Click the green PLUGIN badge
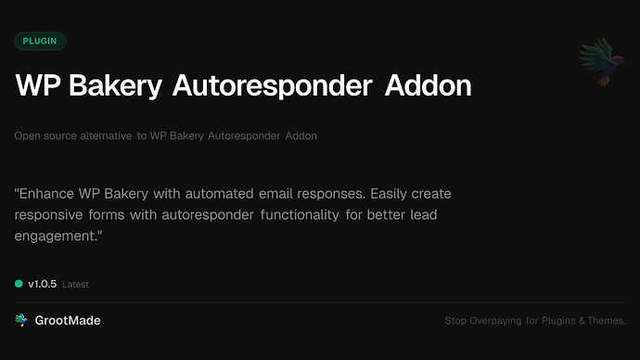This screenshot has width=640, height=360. point(40,41)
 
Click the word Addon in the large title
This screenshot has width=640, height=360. point(422,86)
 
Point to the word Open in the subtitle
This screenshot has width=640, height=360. point(26,136)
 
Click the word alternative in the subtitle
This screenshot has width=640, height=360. point(102,136)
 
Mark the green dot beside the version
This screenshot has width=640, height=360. point(19,284)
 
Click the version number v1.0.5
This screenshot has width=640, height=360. point(43,284)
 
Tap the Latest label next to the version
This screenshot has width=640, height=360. point(75,285)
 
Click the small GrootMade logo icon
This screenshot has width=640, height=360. point(20,320)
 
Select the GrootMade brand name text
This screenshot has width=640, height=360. point(68,320)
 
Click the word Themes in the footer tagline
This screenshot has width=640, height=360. point(606,321)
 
